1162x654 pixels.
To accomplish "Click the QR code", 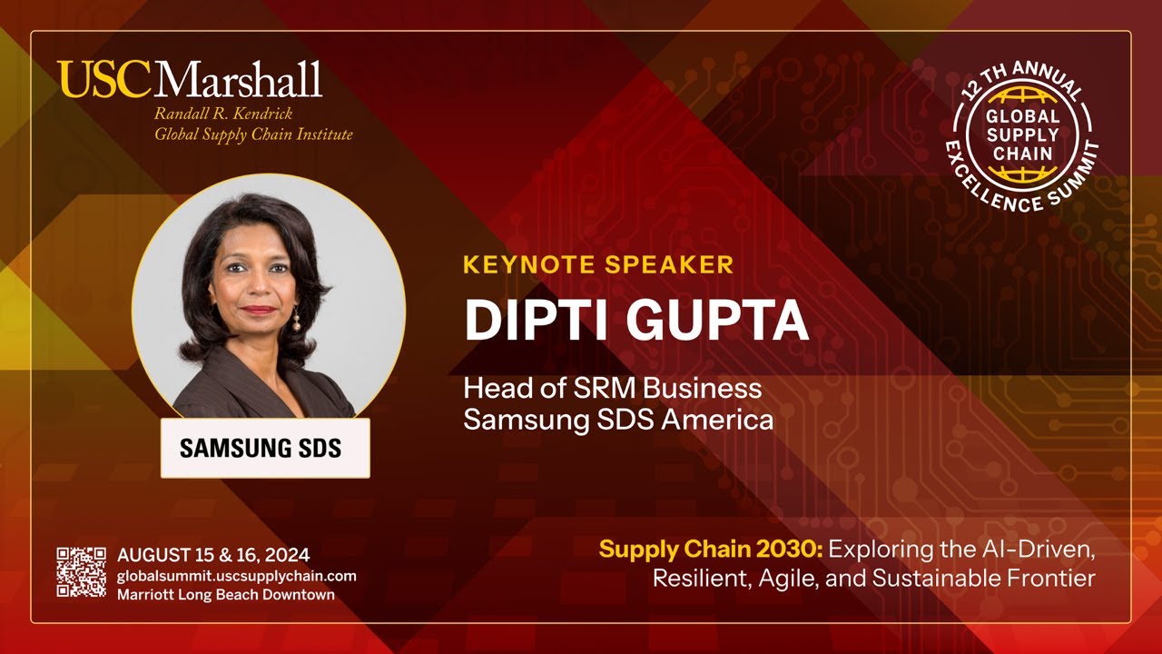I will tap(81, 571).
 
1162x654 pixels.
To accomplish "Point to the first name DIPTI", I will tap(529, 319).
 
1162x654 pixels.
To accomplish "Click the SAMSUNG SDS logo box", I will tap(265, 448).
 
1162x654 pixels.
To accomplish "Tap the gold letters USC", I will tap(104, 80).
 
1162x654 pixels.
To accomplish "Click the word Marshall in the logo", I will tap(238, 80).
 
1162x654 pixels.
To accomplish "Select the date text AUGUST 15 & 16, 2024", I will tap(213, 555).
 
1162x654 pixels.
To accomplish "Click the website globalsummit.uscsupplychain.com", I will tap(236, 576).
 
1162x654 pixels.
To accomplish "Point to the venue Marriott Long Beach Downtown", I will tap(225, 595).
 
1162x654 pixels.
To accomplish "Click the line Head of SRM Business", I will tap(613, 389).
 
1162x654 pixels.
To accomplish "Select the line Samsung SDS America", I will tap(618, 421).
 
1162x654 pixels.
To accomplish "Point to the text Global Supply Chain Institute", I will tap(253, 134).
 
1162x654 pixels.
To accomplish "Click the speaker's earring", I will tap(295, 319).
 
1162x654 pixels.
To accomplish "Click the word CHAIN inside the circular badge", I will tap(1022, 153).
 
